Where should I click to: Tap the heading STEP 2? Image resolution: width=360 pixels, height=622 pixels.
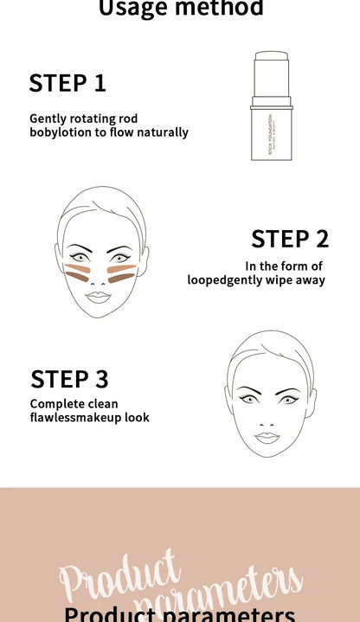click(290, 239)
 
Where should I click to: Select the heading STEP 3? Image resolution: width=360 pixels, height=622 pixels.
click(69, 379)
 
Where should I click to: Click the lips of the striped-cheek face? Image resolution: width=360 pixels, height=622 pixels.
click(98, 296)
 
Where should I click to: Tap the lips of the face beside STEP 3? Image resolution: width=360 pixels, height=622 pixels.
click(267, 437)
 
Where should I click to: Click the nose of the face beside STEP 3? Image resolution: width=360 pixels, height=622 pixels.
click(267, 419)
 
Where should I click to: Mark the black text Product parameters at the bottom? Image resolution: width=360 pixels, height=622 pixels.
click(179, 614)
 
